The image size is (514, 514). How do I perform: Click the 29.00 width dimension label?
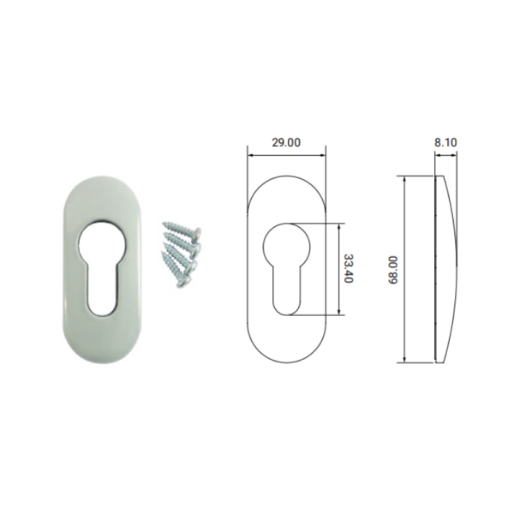tap(286, 142)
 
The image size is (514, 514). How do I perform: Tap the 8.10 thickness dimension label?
tap(445, 142)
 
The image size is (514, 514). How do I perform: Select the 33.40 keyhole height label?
tap(348, 269)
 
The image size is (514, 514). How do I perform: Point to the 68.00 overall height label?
tap(392, 270)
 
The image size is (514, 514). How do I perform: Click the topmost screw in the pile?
tap(182, 229)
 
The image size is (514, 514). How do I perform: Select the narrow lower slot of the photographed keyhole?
tap(102, 290)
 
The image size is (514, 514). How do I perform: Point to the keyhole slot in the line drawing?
tap(286, 291)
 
